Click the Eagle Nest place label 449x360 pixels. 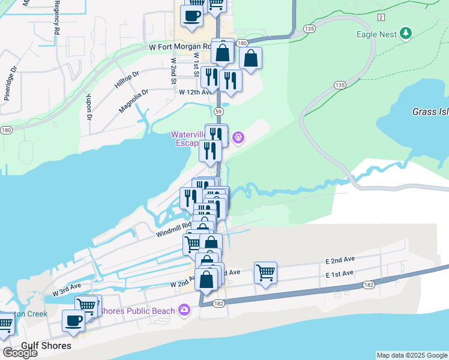point(376,34)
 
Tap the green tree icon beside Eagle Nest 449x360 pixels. point(406,34)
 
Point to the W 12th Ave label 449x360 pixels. point(196,92)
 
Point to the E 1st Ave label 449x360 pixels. point(340,274)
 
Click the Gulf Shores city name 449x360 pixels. point(46,346)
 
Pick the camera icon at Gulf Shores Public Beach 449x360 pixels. point(185,310)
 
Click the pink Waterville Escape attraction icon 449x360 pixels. point(238,138)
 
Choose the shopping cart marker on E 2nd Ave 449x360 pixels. point(265,273)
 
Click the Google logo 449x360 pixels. point(20,353)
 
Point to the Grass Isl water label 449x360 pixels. point(430,112)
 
